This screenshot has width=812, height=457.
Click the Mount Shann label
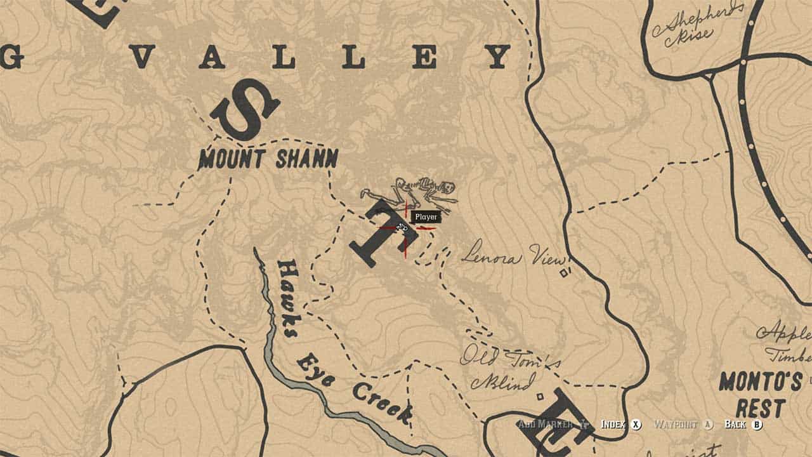(x=268, y=159)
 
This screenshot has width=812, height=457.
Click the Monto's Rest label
(x=760, y=394)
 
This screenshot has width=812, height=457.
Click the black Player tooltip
(x=425, y=217)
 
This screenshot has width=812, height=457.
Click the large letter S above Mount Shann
(x=245, y=109)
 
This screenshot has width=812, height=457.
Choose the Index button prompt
(x=621, y=424)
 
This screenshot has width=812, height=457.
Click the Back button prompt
(x=743, y=424)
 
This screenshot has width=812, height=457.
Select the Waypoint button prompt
(x=683, y=424)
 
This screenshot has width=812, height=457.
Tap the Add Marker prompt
(x=552, y=424)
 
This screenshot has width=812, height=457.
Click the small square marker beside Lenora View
(x=563, y=273)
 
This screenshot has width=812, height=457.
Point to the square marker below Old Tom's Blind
(x=539, y=397)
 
